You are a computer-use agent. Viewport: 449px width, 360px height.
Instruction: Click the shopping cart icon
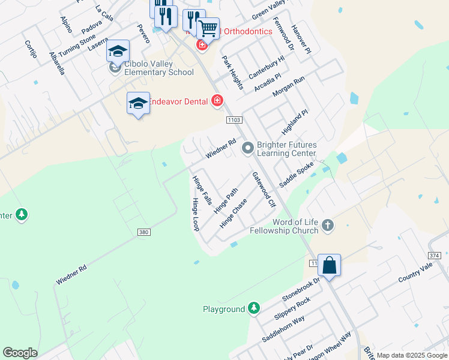point(208,28)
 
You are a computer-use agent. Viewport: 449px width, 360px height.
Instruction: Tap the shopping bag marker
point(329,265)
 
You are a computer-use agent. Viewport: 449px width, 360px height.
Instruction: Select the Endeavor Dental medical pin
point(217,101)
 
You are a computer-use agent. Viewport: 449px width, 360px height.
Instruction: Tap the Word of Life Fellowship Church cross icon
point(327,226)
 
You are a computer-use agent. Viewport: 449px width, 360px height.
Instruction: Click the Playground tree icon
point(254,308)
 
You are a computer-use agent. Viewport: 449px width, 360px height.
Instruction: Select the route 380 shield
point(142,233)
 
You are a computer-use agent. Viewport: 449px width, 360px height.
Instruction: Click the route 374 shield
point(435,256)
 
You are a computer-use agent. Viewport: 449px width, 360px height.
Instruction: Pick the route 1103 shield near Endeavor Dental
point(234,121)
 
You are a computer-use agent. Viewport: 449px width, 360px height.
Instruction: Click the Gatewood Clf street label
point(264,190)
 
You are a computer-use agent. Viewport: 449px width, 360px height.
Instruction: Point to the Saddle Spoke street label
point(296,175)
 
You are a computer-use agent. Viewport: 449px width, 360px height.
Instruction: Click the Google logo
point(20,353)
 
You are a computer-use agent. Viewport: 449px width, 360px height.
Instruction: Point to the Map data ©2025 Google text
point(412,355)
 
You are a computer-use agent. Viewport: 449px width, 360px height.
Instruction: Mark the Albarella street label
point(57,62)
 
